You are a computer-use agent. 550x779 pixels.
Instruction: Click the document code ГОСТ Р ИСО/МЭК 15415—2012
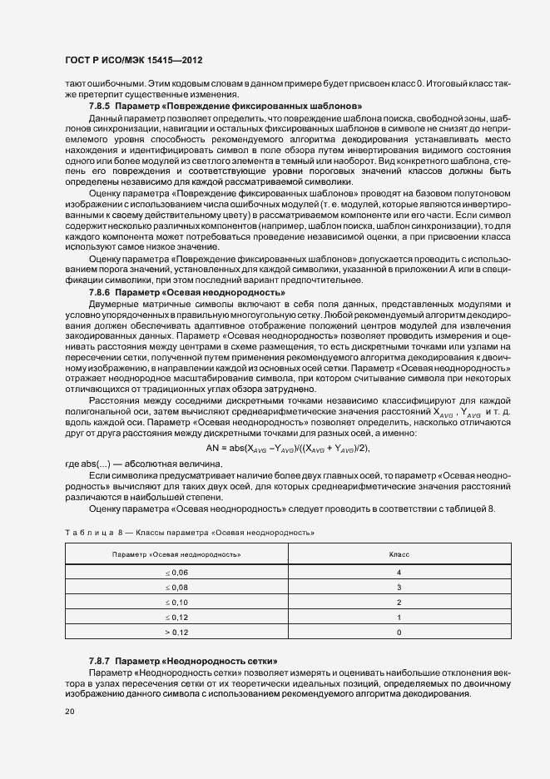coord(134,62)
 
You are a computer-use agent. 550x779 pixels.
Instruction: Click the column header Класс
coord(399,554)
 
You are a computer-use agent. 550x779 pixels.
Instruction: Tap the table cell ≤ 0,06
coord(176,573)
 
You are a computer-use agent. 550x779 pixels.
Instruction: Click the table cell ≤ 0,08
coord(176,588)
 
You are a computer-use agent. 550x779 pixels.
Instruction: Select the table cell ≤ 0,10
coord(176,602)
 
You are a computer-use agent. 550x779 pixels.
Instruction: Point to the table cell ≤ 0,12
coord(176,617)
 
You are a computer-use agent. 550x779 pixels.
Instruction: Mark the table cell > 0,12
coord(176,632)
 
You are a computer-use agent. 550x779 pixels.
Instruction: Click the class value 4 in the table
coord(399,573)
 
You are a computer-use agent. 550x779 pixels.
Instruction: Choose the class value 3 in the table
coord(399,588)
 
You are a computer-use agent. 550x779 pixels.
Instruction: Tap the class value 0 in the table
coord(399,632)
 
